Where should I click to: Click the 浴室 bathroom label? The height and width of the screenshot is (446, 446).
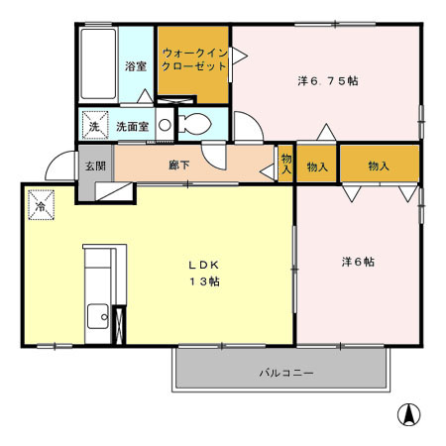136,67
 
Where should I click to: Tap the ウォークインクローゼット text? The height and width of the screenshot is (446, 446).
194,59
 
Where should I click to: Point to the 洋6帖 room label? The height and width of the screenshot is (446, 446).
357,262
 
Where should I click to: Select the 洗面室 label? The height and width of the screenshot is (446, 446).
132,127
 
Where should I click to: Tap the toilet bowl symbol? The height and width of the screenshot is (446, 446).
194,126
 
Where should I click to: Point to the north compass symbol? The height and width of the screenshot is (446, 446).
405,415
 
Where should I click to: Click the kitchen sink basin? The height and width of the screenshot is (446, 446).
97,318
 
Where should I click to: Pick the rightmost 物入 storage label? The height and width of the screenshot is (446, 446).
380,166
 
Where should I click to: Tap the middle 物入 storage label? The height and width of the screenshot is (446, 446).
317,166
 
